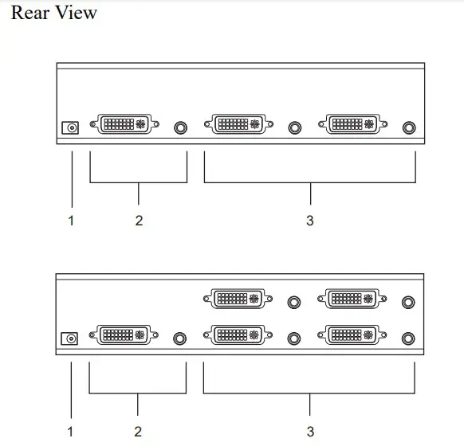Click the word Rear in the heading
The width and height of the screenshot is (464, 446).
29,13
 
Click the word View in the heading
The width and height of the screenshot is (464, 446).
76,13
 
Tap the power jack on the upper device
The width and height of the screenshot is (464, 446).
70,128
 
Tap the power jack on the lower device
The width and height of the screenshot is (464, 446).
69,338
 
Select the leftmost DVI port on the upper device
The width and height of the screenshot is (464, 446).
124,124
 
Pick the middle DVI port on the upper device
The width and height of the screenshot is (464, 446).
238,124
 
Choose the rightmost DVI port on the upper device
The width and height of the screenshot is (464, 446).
352,124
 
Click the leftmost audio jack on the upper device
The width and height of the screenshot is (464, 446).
180,128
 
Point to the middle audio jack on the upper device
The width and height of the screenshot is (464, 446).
295,128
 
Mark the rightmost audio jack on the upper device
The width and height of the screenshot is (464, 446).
409,128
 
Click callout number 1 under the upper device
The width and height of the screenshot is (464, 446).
71,221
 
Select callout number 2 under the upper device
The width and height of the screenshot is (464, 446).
139,221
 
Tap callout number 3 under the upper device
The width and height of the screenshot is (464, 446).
310,221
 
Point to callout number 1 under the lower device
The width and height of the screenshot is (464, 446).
70,432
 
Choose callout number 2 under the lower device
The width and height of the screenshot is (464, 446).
138,432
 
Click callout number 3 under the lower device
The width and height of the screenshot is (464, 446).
310,432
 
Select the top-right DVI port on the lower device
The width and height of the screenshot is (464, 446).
352,299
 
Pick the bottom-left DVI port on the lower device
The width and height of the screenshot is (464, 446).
124,334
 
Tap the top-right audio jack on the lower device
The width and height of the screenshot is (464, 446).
408,303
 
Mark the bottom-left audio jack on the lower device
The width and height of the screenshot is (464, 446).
179,338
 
